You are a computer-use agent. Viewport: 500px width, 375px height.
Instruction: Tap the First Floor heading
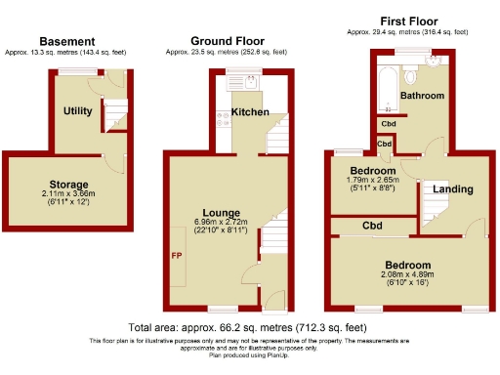[407, 21]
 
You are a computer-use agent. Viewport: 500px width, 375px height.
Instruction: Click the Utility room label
[78, 111]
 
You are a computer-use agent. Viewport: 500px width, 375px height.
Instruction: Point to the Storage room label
[68, 184]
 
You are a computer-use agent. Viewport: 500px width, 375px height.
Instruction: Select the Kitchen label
[249, 112]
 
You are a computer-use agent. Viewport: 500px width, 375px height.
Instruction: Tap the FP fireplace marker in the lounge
[178, 257]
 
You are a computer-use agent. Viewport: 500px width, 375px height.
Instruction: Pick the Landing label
[453, 188]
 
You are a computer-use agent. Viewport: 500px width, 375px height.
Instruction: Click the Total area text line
[247, 327]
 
